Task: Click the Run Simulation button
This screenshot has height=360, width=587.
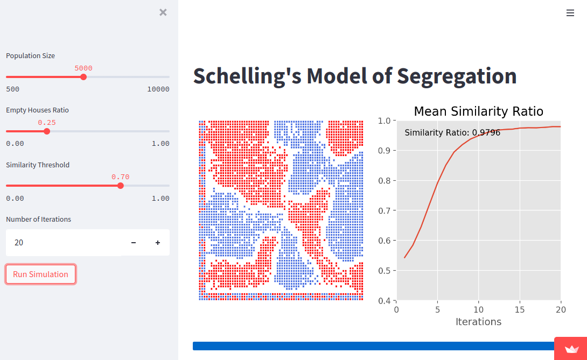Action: pyautogui.click(x=40, y=274)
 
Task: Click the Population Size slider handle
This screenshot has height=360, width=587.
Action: pyautogui.click(x=83, y=77)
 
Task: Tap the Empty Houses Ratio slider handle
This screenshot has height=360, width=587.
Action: pyautogui.click(x=47, y=131)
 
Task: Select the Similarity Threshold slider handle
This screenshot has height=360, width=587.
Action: pyautogui.click(x=120, y=186)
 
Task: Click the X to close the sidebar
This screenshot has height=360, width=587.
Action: pyautogui.click(x=163, y=12)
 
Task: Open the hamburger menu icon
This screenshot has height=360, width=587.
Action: pyautogui.click(x=570, y=13)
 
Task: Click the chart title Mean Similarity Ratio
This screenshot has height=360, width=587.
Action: pyautogui.click(x=478, y=111)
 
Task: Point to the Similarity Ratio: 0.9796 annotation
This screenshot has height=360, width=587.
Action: pyautogui.click(x=452, y=132)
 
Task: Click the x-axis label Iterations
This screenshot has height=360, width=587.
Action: pyautogui.click(x=478, y=322)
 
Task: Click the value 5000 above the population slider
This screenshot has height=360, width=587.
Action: pyautogui.click(x=83, y=68)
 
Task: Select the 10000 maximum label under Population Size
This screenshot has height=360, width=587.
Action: pyautogui.click(x=158, y=89)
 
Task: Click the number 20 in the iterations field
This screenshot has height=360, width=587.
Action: pyautogui.click(x=19, y=243)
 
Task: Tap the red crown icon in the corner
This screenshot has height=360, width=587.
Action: pyautogui.click(x=571, y=349)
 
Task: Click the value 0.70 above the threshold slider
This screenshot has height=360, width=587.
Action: pyautogui.click(x=120, y=177)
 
